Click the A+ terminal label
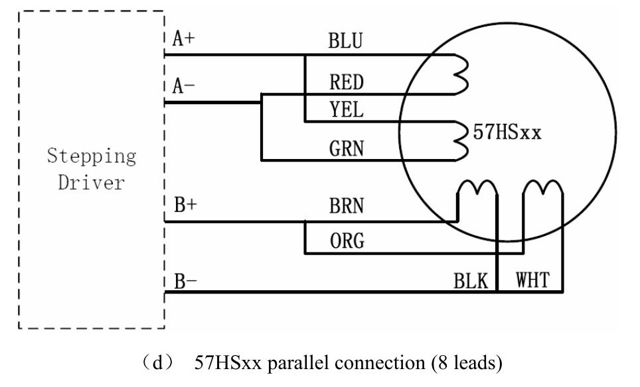[x=184, y=38]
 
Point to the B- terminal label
[x=185, y=280]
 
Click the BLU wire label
[x=345, y=41]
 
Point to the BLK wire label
[x=471, y=281]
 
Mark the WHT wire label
[x=532, y=280]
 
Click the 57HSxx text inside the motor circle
[x=507, y=133]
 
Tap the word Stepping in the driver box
[x=91, y=157]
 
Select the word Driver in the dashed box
[x=91, y=182]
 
